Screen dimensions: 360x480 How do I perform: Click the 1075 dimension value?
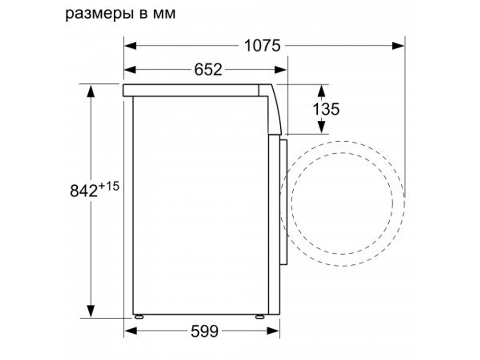click(x=262, y=46)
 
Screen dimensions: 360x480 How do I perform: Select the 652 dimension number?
click(x=208, y=70)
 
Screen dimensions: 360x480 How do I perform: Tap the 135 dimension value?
click(x=326, y=109)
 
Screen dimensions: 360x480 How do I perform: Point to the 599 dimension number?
click(x=204, y=331)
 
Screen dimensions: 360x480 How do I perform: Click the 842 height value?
click(x=84, y=191)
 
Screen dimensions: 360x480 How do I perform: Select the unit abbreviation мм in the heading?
click(x=164, y=14)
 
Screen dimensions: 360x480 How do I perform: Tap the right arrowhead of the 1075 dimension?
click(x=397, y=46)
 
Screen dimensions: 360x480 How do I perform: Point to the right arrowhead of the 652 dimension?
click(x=281, y=70)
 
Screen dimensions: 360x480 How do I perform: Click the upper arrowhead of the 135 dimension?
click(x=321, y=90)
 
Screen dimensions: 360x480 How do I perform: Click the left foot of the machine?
click(x=139, y=317)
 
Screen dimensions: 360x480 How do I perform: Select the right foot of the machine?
click(x=260, y=317)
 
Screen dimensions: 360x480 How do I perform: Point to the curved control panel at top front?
click(x=274, y=109)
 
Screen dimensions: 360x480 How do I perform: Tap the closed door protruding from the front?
click(x=284, y=202)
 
